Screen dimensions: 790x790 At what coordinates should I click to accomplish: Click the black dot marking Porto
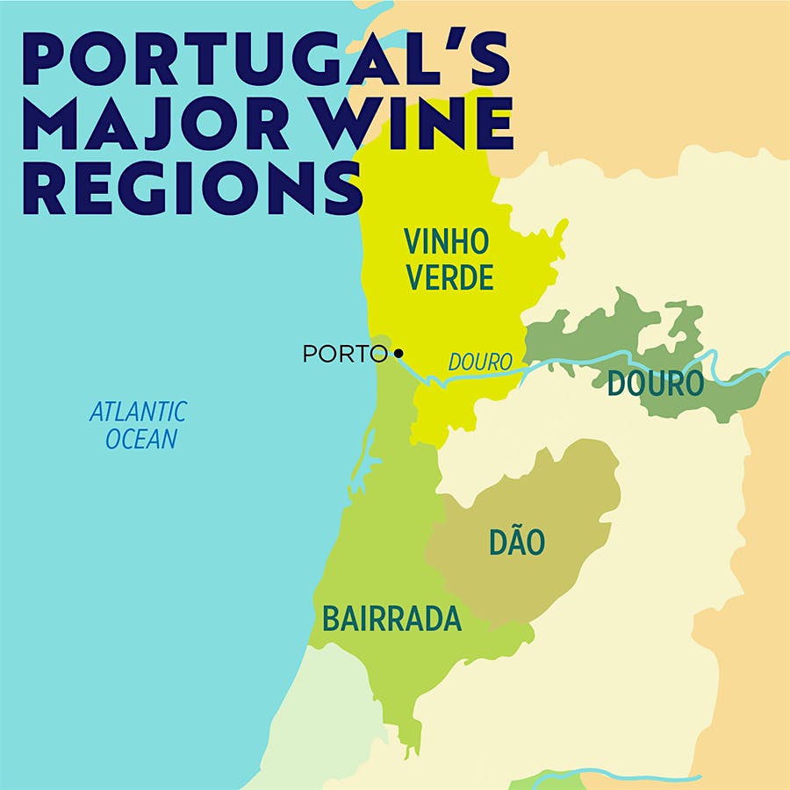(399, 353)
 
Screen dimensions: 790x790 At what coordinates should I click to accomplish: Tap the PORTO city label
(344, 354)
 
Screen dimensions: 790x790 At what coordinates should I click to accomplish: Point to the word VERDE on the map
(448, 277)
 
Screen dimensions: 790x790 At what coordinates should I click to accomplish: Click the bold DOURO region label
(656, 384)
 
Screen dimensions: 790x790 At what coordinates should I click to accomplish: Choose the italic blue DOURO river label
(479, 362)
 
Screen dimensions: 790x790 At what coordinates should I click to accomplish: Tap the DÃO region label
(517, 543)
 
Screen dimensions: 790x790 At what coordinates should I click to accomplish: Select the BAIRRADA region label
(391, 619)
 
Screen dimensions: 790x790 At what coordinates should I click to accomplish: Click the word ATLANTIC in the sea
(139, 411)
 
